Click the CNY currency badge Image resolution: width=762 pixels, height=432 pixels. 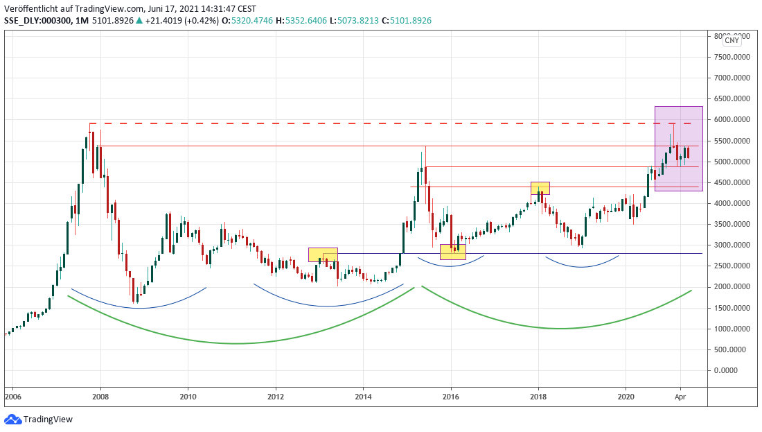tap(732, 40)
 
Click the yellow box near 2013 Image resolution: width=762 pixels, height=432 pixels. tap(323, 254)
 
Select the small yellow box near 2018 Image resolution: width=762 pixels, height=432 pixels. tap(540, 188)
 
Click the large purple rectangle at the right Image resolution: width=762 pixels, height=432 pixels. tap(679, 148)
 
